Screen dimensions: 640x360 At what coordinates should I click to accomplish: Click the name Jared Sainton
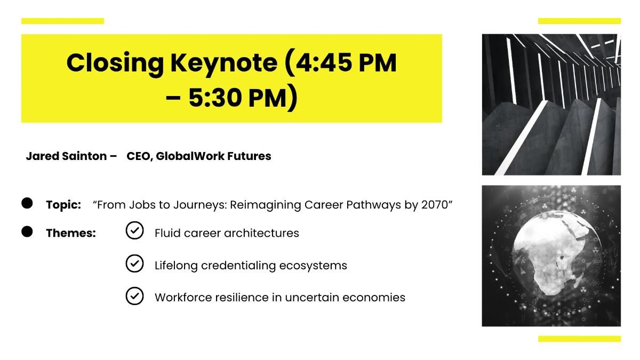click(x=66, y=156)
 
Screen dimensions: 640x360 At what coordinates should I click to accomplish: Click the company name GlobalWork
click(x=190, y=156)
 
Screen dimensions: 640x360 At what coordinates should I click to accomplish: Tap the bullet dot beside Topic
click(x=27, y=203)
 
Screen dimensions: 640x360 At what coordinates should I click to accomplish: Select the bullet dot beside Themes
click(x=27, y=231)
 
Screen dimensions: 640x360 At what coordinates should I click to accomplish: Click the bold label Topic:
click(x=63, y=205)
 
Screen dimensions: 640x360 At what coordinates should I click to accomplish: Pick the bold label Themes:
click(x=71, y=233)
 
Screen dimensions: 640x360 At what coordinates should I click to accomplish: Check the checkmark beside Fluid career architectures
click(x=134, y=230)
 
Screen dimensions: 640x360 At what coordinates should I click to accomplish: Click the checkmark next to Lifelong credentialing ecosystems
click(x=134, y=263)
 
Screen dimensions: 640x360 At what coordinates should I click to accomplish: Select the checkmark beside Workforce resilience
click(x=134, y=296)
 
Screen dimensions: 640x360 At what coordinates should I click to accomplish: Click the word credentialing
click(x=238, y=266)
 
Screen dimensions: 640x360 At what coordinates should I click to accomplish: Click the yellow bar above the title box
click(x=62, y=21)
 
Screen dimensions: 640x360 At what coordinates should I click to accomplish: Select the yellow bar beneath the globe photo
click(x=579, y=339)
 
